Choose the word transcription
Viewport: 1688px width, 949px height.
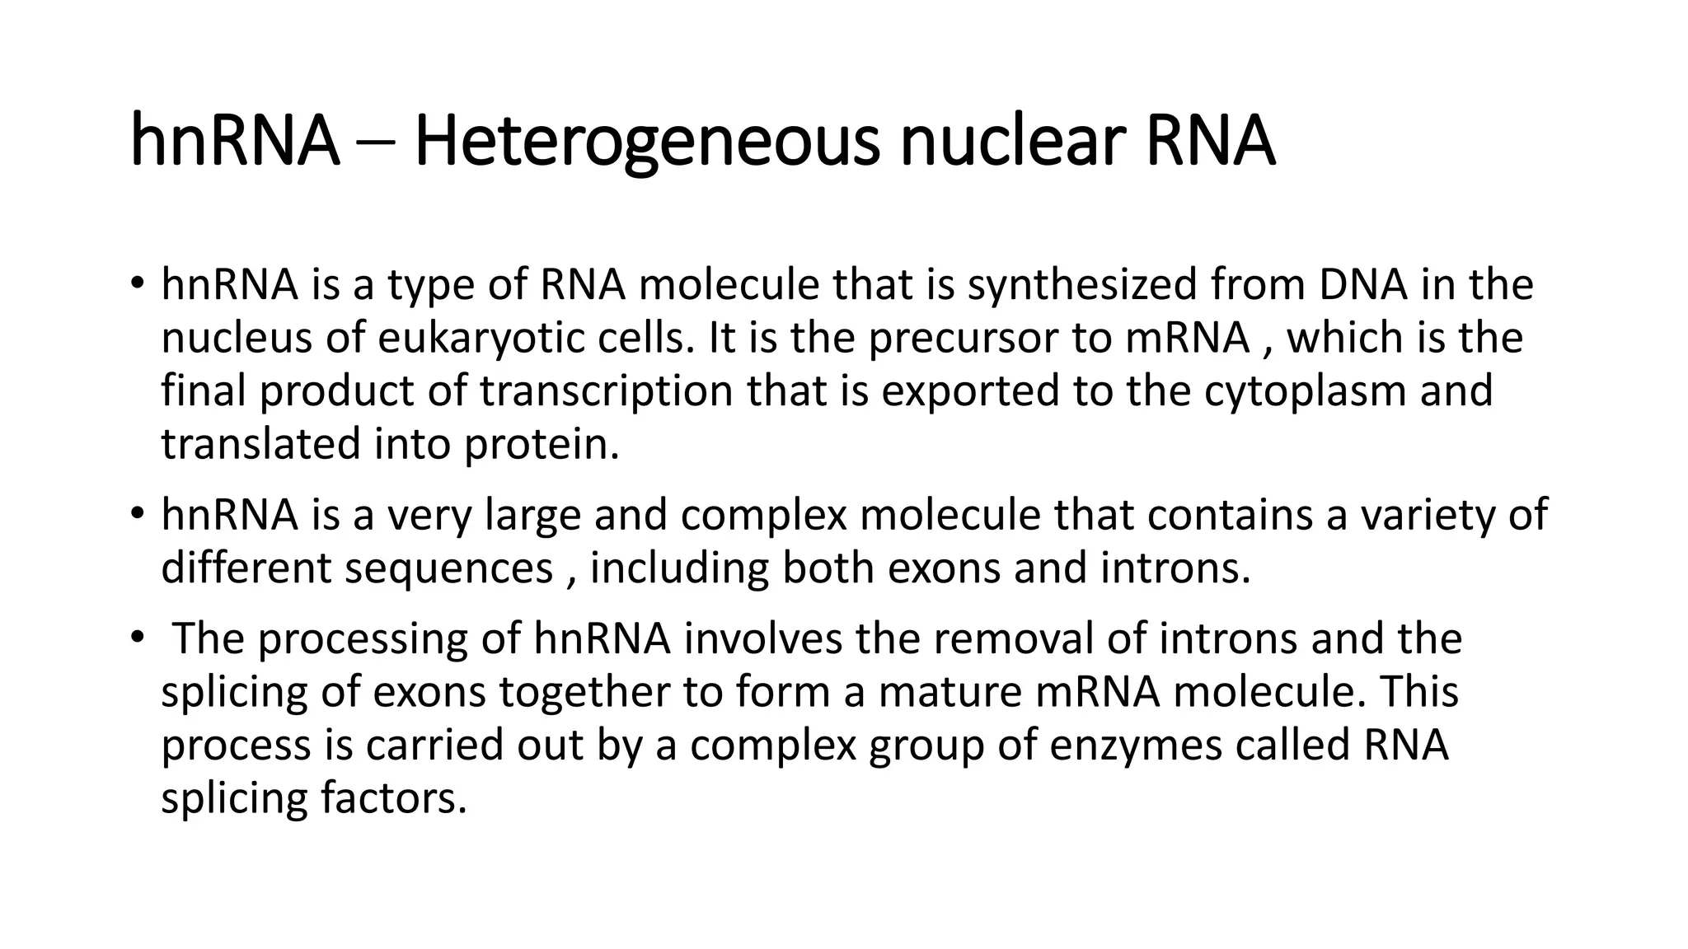607,390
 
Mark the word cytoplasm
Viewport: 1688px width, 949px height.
1305,390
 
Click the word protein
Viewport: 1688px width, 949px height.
541,444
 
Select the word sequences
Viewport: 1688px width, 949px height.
448,568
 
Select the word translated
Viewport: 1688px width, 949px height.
260,444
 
